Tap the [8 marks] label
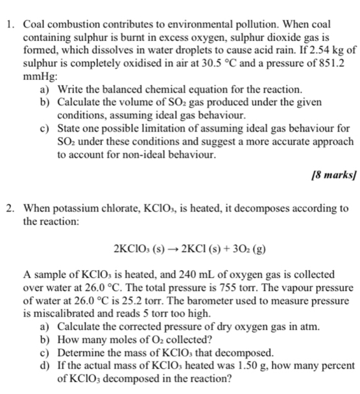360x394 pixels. pos(333,175)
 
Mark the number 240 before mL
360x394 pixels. pos(163,275)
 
